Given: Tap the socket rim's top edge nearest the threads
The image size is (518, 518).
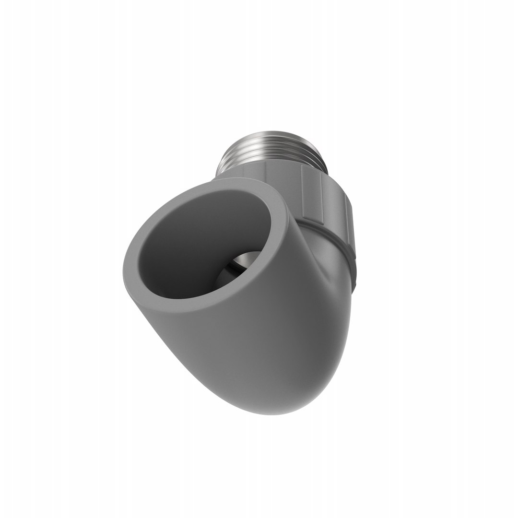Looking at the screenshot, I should point(240,185).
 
